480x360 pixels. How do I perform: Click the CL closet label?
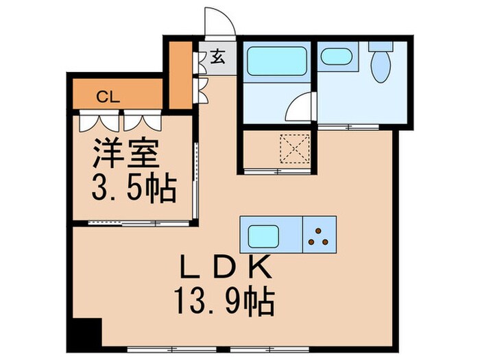pyautogui.click(x=108, y=96)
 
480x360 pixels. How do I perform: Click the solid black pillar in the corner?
pyautogui.click(x=86, y=334)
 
